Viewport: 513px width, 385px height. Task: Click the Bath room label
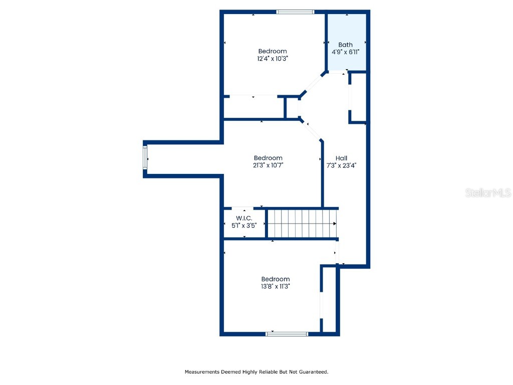345,45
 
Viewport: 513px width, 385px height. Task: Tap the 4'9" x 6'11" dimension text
345,52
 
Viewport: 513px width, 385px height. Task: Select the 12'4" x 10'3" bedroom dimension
273,58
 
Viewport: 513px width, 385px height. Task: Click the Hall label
341,158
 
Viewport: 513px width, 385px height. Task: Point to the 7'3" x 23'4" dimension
341,165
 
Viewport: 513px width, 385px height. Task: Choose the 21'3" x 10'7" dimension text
268,165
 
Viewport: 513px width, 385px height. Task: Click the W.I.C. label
244,218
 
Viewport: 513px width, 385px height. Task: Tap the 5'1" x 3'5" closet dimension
244,225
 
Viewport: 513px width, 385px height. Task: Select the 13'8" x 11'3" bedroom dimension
275,286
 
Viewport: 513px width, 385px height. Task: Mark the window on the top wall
296,12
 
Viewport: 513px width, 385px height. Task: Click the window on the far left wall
145,159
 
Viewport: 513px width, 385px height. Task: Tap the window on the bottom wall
287,333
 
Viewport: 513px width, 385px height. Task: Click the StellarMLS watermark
487,192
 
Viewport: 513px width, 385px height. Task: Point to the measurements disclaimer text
256,372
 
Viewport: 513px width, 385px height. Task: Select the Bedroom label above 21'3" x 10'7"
268,158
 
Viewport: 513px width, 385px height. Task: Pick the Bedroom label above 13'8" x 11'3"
275,279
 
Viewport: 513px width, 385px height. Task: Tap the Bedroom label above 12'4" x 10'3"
273,51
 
